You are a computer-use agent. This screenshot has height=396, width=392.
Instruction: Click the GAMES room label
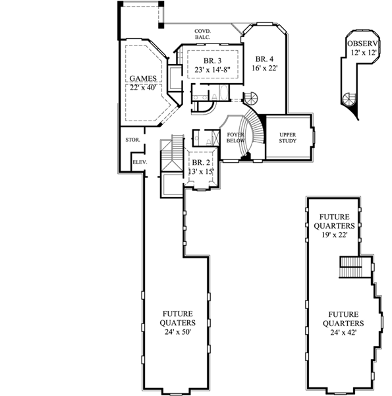point(143,78)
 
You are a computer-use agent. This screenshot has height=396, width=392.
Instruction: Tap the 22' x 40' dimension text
point(143,88)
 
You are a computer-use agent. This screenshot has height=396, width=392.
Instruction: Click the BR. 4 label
point(263,59)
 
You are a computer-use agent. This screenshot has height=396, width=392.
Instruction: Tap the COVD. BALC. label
point(202,34)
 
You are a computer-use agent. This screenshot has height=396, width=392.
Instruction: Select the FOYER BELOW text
point(236,137)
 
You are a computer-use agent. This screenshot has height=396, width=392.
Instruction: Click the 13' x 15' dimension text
point(201,171)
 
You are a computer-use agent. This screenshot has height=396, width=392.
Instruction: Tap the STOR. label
point(130,140)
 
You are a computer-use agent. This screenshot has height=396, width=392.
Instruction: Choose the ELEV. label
point(139,161)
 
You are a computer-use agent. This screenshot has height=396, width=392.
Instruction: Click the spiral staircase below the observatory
point(347,99)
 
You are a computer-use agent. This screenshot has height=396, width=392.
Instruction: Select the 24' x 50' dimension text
point(177,333)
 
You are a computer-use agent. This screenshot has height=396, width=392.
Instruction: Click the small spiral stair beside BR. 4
point(252,98)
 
